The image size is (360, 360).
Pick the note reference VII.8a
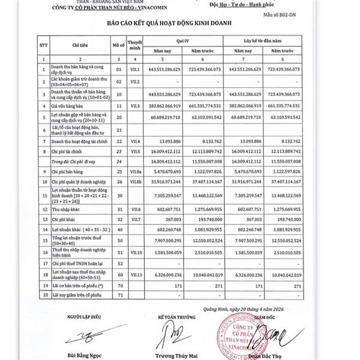(136, 171)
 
